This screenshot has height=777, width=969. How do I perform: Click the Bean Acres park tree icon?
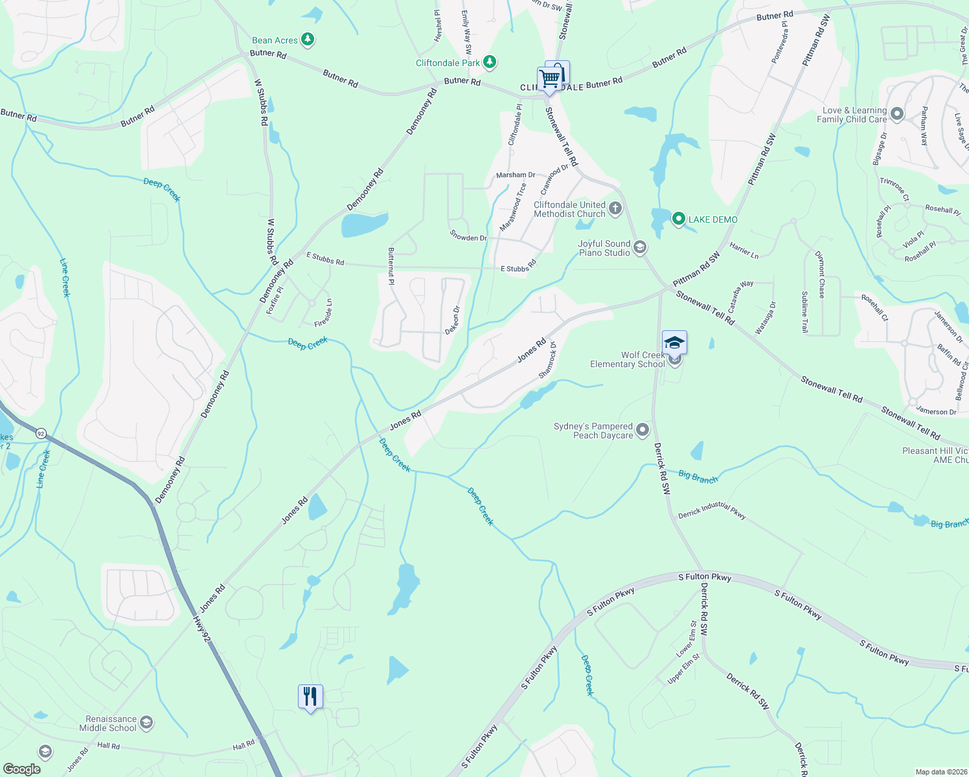[x=308, y=40]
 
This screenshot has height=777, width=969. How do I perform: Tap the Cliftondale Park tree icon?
[x=490, y=62]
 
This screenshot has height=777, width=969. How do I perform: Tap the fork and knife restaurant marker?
[x=310, y=697]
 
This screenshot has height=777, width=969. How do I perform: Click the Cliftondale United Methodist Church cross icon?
[x=615, y=208]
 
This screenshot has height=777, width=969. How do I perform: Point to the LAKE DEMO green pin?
[x=678, y=220]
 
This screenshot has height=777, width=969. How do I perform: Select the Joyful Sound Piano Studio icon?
[x=640, y=247]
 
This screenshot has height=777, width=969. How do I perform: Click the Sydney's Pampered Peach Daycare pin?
[x=643, y=430]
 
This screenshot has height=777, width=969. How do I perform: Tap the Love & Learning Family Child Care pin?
[x=897, y=115]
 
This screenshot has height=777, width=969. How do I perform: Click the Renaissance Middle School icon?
[x=146, y=723]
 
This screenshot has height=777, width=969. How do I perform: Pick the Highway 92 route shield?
[x=41, y=433]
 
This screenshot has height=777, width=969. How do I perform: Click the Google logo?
[x=21, y=769]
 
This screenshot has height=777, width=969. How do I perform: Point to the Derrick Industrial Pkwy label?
[x=712, y=511]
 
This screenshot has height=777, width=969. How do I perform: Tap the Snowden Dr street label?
[x=468, y=237]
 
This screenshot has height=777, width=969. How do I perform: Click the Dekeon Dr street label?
[x=452, y=320]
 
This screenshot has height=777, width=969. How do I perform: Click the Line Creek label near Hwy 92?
[x=43, y=469]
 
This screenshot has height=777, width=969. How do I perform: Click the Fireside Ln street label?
[x=323, y=313]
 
